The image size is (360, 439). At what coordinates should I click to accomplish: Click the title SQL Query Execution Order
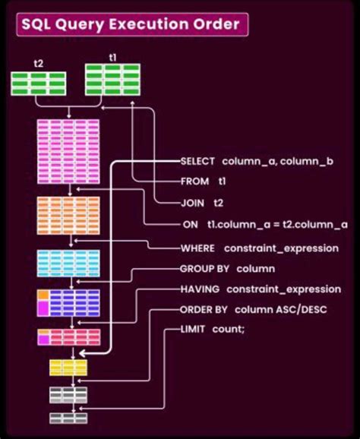coord(130,25)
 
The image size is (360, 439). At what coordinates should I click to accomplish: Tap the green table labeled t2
coord(38,83)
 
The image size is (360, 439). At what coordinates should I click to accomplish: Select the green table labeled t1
coord(112,80)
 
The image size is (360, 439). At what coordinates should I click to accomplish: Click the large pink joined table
coord(68,151)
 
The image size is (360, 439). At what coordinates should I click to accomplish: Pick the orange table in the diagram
coord(68,214)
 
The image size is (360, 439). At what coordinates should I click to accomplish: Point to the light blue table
coord(68,263)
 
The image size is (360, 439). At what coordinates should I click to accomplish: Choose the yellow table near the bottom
coord(68,368)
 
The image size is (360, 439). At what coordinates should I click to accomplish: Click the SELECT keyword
coord(197,162)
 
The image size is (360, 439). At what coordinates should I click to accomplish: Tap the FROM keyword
coord(194,182)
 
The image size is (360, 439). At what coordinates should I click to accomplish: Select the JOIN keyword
coord(192,203)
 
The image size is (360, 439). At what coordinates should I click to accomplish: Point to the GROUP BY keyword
coord(204,269)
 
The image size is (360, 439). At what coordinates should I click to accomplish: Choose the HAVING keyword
coord(200,289)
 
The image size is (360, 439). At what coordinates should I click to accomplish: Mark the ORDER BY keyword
coord(205,310)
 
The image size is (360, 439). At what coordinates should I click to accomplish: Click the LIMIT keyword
coord(193,330)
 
